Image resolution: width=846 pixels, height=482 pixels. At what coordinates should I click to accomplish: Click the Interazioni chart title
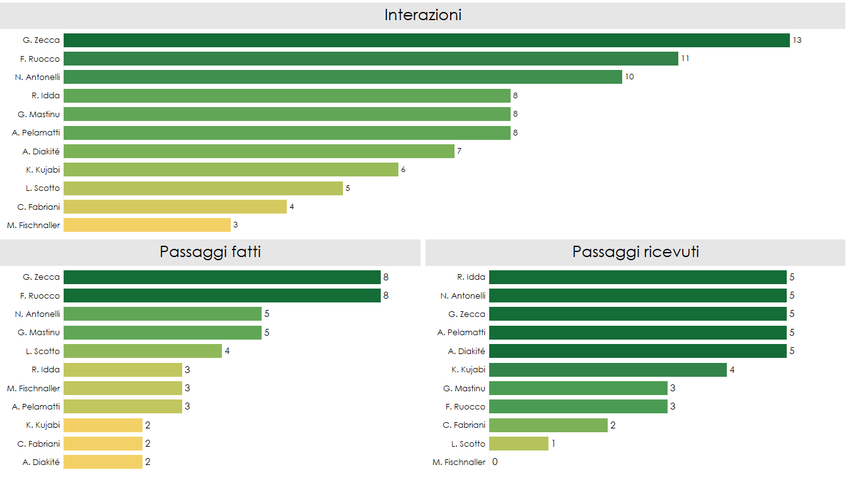tap(422, 15)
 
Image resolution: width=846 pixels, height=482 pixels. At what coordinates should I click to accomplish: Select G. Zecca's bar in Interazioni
tap(426, 40)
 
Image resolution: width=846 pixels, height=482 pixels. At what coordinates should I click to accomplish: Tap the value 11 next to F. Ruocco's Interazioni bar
tap(685, 59)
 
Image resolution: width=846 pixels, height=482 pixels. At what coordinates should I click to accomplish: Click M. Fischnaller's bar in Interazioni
tap(147, 225)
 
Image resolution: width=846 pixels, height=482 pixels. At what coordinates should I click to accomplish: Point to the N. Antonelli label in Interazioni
tap(37, 77)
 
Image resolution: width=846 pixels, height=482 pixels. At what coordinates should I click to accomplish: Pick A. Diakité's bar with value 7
tap(258, 151)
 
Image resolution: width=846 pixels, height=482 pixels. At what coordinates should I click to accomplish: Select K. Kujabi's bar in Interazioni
tap(231, 169)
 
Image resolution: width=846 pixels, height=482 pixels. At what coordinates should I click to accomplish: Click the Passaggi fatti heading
tap(210, 252)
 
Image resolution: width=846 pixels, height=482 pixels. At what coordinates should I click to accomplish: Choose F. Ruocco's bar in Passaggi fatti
tap(222, 296)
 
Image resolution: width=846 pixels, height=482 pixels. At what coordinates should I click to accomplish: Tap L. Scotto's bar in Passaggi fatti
tap(142, 351)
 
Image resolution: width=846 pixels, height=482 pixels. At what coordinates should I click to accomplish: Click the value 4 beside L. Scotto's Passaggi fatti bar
tap(227, 351)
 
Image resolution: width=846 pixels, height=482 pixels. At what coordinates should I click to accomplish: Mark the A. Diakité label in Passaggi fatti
tap(41, 462)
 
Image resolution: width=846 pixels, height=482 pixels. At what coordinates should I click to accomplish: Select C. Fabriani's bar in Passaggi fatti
tap(103, 444)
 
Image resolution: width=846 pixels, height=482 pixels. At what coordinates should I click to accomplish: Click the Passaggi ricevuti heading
tap(635, 252)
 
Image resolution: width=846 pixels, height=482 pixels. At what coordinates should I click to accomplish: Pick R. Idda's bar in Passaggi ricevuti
tap(637, 277)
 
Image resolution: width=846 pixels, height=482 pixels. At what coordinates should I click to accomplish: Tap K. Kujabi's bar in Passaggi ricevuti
tap(608, 370)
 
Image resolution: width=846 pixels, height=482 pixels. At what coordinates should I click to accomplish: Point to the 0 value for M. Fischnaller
tap(495, 462)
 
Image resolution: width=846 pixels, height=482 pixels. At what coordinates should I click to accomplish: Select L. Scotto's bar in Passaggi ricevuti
tap(518, 444)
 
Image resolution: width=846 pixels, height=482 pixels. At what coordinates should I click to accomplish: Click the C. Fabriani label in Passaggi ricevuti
tap(464, 425)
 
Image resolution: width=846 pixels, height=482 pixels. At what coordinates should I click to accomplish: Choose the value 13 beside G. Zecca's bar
tap(797, 40)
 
